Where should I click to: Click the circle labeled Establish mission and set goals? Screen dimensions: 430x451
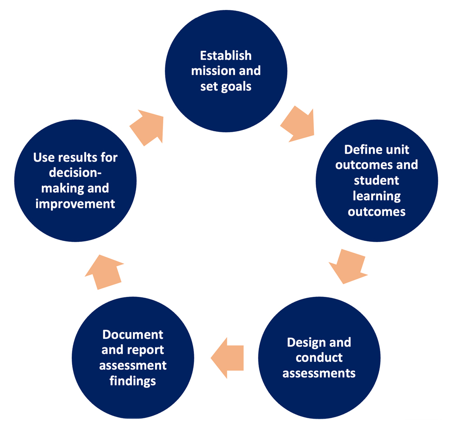coord(226,71)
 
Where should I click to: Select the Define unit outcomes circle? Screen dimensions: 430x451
coord(377,180)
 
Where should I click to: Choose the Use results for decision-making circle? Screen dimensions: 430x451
coord(75,180)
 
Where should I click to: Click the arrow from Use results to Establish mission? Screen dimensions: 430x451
coord(147,127)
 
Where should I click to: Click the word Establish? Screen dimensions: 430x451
coord(226,56)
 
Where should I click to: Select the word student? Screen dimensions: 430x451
coord(377,180)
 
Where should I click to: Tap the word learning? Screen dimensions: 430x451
coord(377,196)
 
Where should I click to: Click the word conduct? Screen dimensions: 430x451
coord(319,358)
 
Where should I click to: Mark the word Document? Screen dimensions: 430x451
coord(133,335)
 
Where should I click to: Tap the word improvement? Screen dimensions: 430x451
coord(75,203)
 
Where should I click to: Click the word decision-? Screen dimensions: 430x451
coord(75,173)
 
